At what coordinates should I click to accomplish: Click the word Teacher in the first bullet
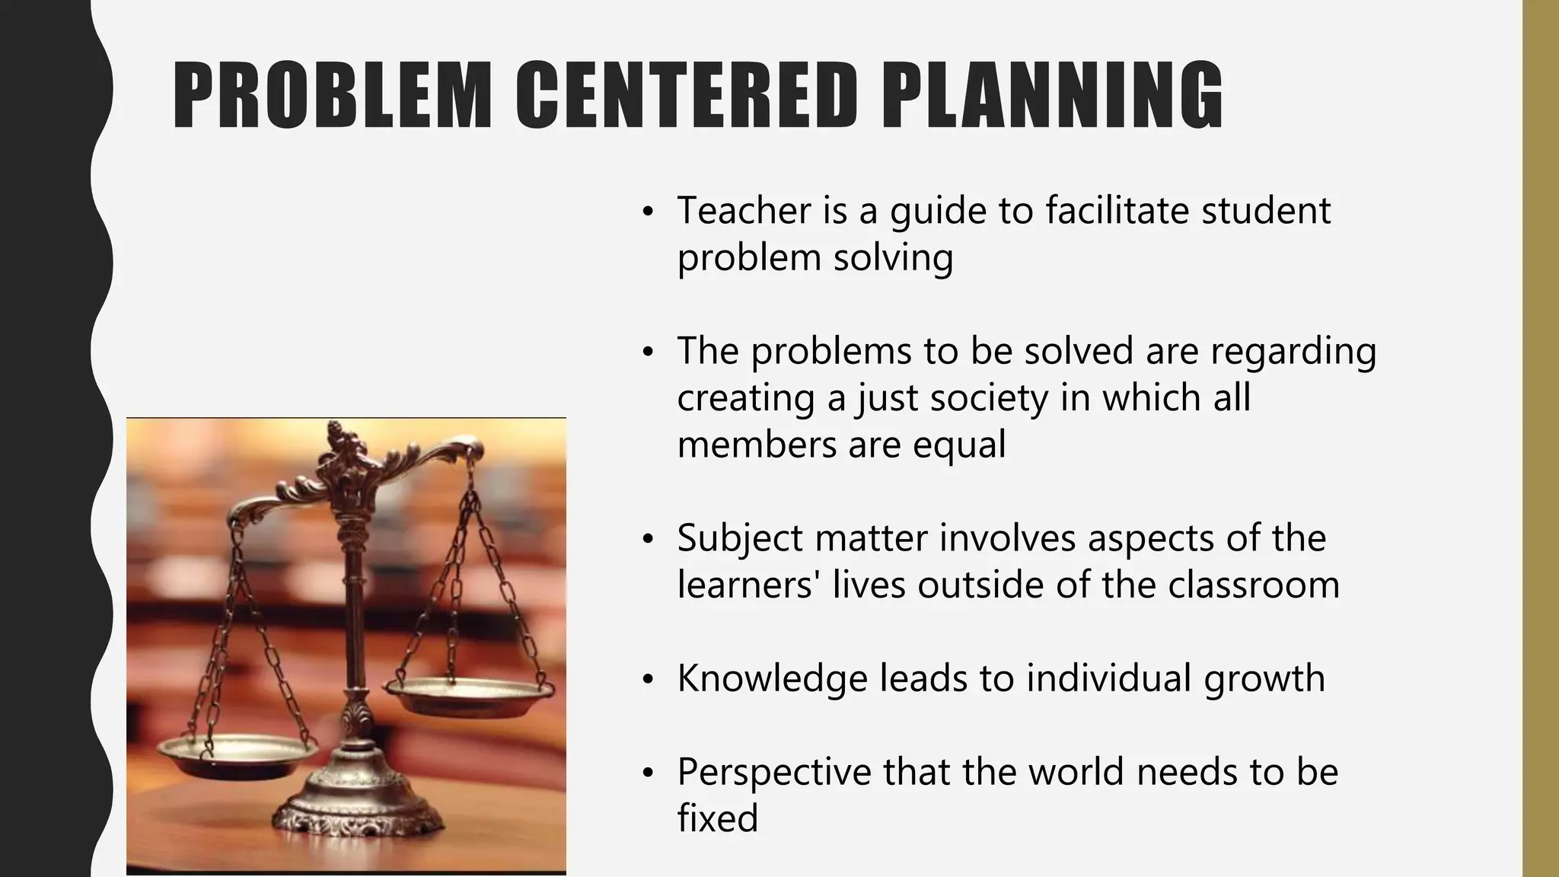pyautogui.click(x=743, y=210)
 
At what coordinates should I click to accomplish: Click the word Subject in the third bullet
pyautogui.click(x=740, y=538)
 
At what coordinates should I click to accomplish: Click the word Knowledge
pyautogui.click(x=772, y=679)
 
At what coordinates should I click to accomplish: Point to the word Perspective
pyautogui.click(x=773, y=772)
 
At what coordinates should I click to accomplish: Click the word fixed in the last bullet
pyautogui.click(x=717, y=819)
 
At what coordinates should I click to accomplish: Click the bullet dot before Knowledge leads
pyautogui.click(x=648, y=681)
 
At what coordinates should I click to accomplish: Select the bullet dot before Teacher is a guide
pyautogui.click(x=648, y=212)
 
